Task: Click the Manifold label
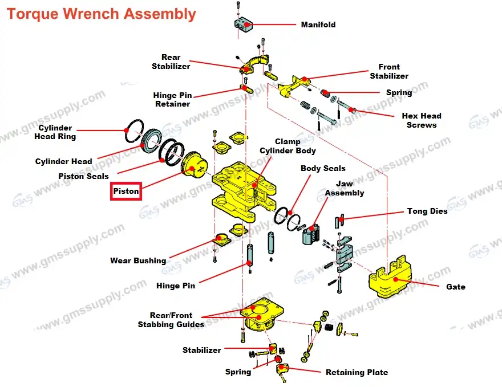point(318,25)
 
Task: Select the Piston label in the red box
point(125,191)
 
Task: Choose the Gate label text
point(455,287)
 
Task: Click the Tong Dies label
point(427,211)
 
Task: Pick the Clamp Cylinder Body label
point(288,146)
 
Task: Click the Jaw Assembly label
point(344,188)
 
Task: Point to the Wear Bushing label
point(137,261)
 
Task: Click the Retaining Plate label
point(357,372)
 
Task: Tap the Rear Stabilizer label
point(171,62)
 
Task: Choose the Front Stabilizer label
point(388,71)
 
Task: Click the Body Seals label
point(323,168)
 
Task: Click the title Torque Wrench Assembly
point(101,14)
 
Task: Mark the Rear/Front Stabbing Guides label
point(171,320)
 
